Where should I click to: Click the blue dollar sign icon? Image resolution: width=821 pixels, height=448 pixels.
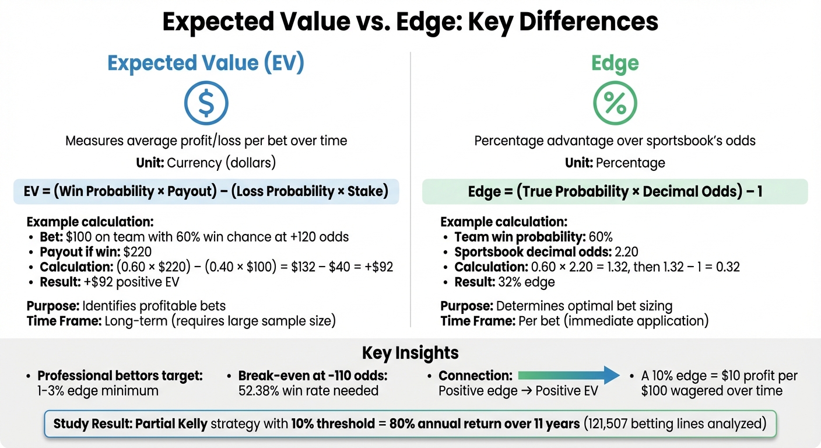(206, 103)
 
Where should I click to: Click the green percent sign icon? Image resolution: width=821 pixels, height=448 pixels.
(615, 103)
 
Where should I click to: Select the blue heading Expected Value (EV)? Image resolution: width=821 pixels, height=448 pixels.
(206, 64)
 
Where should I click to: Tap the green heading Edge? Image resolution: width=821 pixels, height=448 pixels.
(615, 64)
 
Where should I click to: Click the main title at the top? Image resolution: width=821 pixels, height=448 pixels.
(410, 22)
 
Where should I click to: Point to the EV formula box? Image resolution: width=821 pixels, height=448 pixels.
(206, 191)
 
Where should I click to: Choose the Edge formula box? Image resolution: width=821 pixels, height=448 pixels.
(615, 191)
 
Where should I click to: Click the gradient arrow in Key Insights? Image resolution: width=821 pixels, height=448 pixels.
(569, 375)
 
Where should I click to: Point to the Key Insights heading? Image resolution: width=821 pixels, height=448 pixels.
(410, 353)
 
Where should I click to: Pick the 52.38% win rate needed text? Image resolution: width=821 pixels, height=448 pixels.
(308, 391)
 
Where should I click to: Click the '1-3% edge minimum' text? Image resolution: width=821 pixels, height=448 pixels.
(98, 391)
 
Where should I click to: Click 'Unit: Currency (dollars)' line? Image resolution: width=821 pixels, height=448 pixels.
(206, 163)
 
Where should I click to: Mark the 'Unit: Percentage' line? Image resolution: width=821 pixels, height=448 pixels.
(615, 163)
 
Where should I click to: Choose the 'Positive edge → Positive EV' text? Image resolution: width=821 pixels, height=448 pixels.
(518, 391)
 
